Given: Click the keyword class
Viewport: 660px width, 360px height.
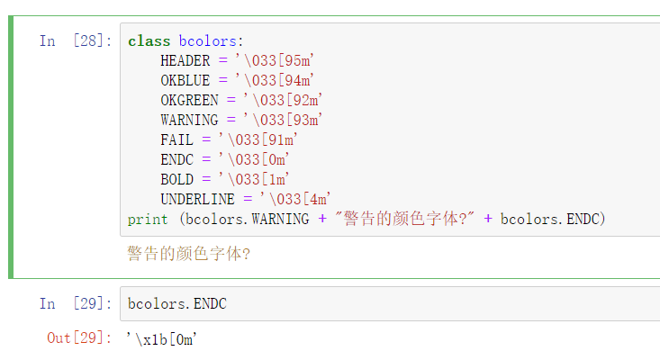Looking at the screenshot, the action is click(x=149, y=41).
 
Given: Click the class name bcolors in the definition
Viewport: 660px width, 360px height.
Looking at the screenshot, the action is click(x=207, y=41).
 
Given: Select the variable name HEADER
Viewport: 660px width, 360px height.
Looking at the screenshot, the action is click(x=185, y=61).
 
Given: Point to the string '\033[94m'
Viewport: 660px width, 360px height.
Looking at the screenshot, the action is click(x=275, y=80).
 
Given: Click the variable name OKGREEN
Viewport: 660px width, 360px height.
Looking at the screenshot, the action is click(x=189, y=100).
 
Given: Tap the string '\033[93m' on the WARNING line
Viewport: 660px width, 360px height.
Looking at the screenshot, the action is click(x=283, y=120).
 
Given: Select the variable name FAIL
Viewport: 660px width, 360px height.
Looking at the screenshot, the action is click(x=176, y=139).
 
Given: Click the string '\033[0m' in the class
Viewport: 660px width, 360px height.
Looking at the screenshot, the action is click(x=254, y=159).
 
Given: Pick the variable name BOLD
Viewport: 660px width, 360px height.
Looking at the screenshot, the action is click(x=176, y=180).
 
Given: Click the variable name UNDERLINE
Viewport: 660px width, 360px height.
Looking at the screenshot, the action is click(x=197, y=199).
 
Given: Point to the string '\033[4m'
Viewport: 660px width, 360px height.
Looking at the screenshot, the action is click(x=295, y=199).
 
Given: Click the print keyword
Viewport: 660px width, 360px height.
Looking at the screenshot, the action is click(x=148, y=220).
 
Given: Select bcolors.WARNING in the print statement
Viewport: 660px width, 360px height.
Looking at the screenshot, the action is click(x=247, y=219).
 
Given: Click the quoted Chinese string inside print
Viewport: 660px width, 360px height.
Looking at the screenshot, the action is click(x=404, y=219).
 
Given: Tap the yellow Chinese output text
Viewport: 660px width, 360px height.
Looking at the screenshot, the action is click(x=189, y=254).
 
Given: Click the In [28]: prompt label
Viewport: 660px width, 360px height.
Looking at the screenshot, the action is click(x=76, y=41).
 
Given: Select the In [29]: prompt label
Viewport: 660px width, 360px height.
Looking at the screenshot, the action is click(x=76, y=303).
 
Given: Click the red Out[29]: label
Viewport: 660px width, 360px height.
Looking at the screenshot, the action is click(x=79, y=338).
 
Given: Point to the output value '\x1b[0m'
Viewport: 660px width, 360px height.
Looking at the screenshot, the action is click(x=162, y=339).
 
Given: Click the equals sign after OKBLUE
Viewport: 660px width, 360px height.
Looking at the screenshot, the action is click(x=223, y=80).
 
